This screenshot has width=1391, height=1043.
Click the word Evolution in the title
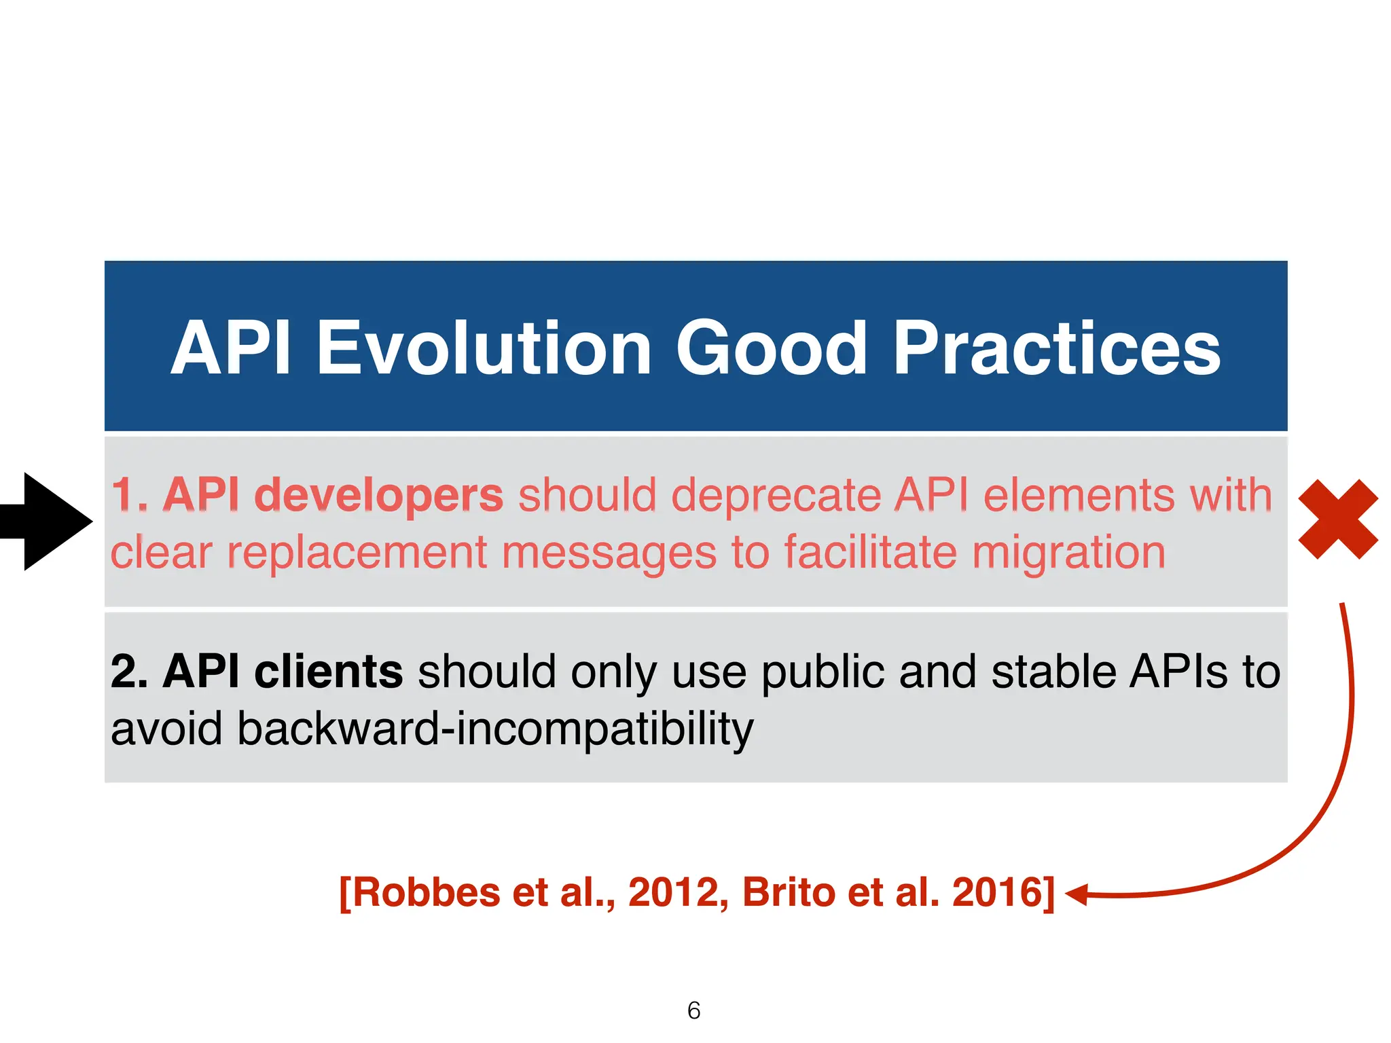(484, 348)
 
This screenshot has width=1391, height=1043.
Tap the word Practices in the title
(1056, 348)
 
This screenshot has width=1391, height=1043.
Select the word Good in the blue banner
(770, 348)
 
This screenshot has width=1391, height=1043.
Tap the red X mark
(1337, 519)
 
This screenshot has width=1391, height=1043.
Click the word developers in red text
(378, 495)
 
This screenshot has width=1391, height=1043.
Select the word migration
(1068, 552)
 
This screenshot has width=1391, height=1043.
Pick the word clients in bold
(328, 672)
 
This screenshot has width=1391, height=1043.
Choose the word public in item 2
(823, 672)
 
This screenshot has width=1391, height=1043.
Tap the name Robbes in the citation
(427, 892)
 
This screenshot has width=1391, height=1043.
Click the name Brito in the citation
(789, 892)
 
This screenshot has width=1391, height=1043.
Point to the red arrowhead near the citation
(1076, 894)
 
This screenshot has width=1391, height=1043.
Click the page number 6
(693, 1010)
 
